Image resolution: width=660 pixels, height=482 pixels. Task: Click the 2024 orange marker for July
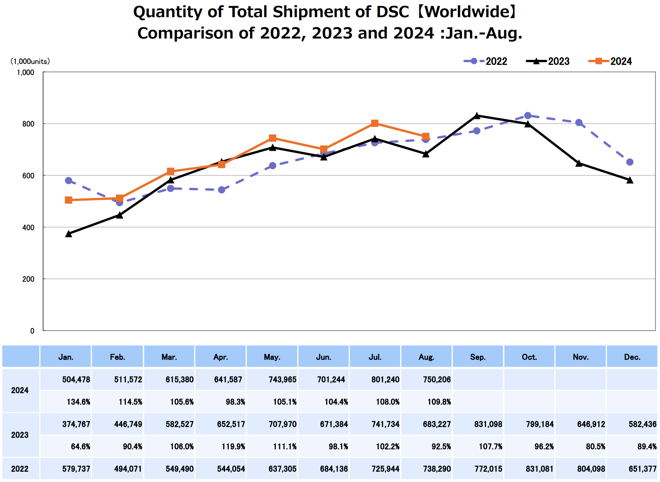(x=375, y=123)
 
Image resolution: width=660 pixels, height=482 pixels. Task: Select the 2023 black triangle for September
(x=477, y=116)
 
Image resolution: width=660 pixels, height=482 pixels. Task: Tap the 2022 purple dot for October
(x=528, y=116)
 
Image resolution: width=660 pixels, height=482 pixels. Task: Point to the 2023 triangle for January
(x=69, y=234)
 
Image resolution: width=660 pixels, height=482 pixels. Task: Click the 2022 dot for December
(x=630, y=162)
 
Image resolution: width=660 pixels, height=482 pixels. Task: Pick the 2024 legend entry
(x=610, y=61)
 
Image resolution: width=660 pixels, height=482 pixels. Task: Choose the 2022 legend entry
(x=486, y=61)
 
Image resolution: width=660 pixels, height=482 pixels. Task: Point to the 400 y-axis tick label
(x=28, y=228)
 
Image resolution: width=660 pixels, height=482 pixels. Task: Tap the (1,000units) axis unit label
(x=30, y=61)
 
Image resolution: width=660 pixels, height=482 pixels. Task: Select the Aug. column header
(x=427, y=357)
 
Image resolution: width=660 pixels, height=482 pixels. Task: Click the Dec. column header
(x=632, y=357)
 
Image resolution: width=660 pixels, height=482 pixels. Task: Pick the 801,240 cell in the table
(x=385, y=380)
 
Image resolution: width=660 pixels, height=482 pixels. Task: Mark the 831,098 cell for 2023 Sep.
(x=488, y=424)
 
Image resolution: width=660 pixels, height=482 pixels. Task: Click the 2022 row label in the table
(x=20, y=469)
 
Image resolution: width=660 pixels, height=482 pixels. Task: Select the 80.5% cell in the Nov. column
(x=595, y=447)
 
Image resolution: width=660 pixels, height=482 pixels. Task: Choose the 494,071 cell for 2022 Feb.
(x=128, y=469)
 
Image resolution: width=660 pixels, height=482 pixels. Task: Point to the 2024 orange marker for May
(x=272, y=138)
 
